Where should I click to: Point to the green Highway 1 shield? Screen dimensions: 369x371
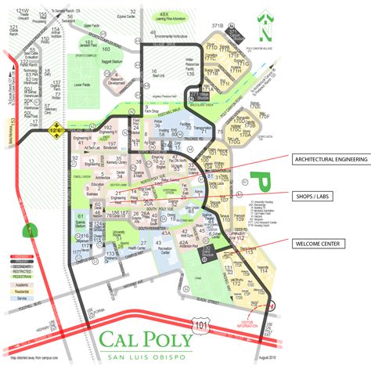29,230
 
